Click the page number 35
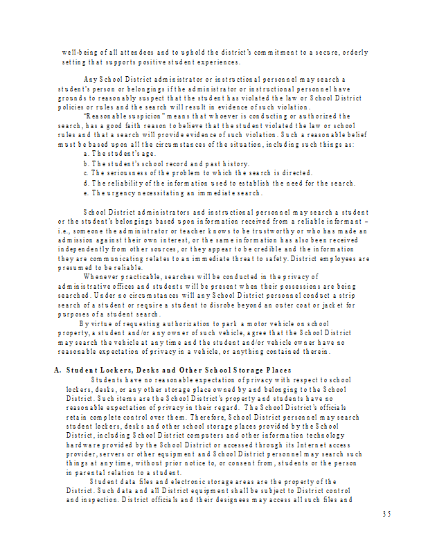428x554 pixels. coord(386,513)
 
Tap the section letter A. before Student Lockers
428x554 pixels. coord(58,370)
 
